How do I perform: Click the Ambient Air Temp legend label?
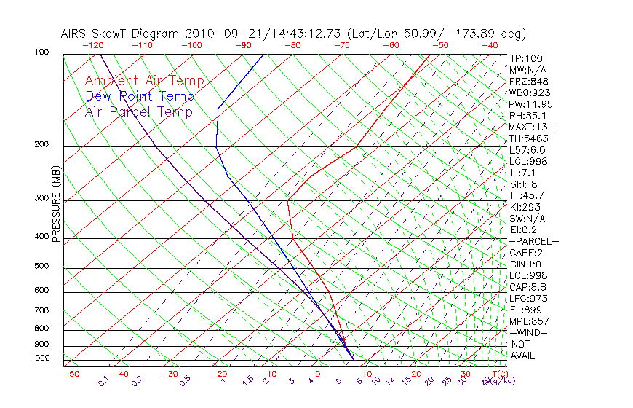point(144,81)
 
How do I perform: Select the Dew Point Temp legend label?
point(140,96)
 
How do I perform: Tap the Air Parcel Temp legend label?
point(138,111)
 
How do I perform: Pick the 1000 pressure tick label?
point(41,358)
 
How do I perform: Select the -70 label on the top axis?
point(341,45)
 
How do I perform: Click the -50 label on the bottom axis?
point(71,374)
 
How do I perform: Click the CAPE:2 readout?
point(527,253)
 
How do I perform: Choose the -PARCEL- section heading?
point(533,241)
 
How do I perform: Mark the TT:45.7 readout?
point(527,195)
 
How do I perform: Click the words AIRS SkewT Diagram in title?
point(121,34)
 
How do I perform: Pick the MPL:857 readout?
point(529,321)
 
